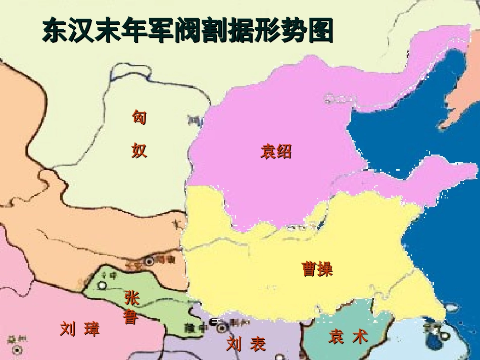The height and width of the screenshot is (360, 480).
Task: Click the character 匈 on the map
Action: (x=139, y=118)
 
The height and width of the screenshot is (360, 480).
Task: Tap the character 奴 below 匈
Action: (x=139, y=150)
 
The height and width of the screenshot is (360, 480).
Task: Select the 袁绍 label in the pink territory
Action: (x=276, y=151)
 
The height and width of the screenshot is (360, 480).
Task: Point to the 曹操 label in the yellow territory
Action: (x=317, y=269)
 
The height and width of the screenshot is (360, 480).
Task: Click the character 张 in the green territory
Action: (x=132, y=298)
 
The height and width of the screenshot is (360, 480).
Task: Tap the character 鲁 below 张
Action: (x=130, y=317)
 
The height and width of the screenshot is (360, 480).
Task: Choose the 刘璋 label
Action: (x=80, y=329)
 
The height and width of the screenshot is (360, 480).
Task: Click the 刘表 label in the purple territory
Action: (x=246, y=344)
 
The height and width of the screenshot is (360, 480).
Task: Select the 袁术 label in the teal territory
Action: (x=348, y=336)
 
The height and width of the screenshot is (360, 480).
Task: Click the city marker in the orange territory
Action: (x=149, y=262)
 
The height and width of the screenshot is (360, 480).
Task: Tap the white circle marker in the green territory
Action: (x=102, y=285)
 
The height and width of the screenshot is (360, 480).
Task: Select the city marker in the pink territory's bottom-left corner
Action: (x=16, y=349)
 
